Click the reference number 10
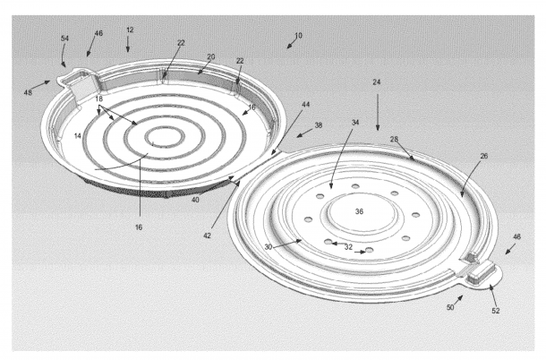click(298, 35)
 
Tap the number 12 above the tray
click(130, 30)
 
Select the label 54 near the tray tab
click(64, 39)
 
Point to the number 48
click(28, 92)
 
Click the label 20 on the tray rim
click(211, 56)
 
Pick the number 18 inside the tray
click(99, 99)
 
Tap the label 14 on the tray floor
click(78, 135)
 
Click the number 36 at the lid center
click(359, 211)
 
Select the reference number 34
click(355, 123)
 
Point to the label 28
click(394, 139)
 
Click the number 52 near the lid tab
click(496, 311)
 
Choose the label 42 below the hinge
click(207, 236)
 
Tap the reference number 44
click(306, 104)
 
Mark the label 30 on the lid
click(268, 247)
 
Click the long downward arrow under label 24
click(378, 112)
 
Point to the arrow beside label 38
click(304, 133)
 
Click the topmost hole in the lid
click(355, 186)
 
